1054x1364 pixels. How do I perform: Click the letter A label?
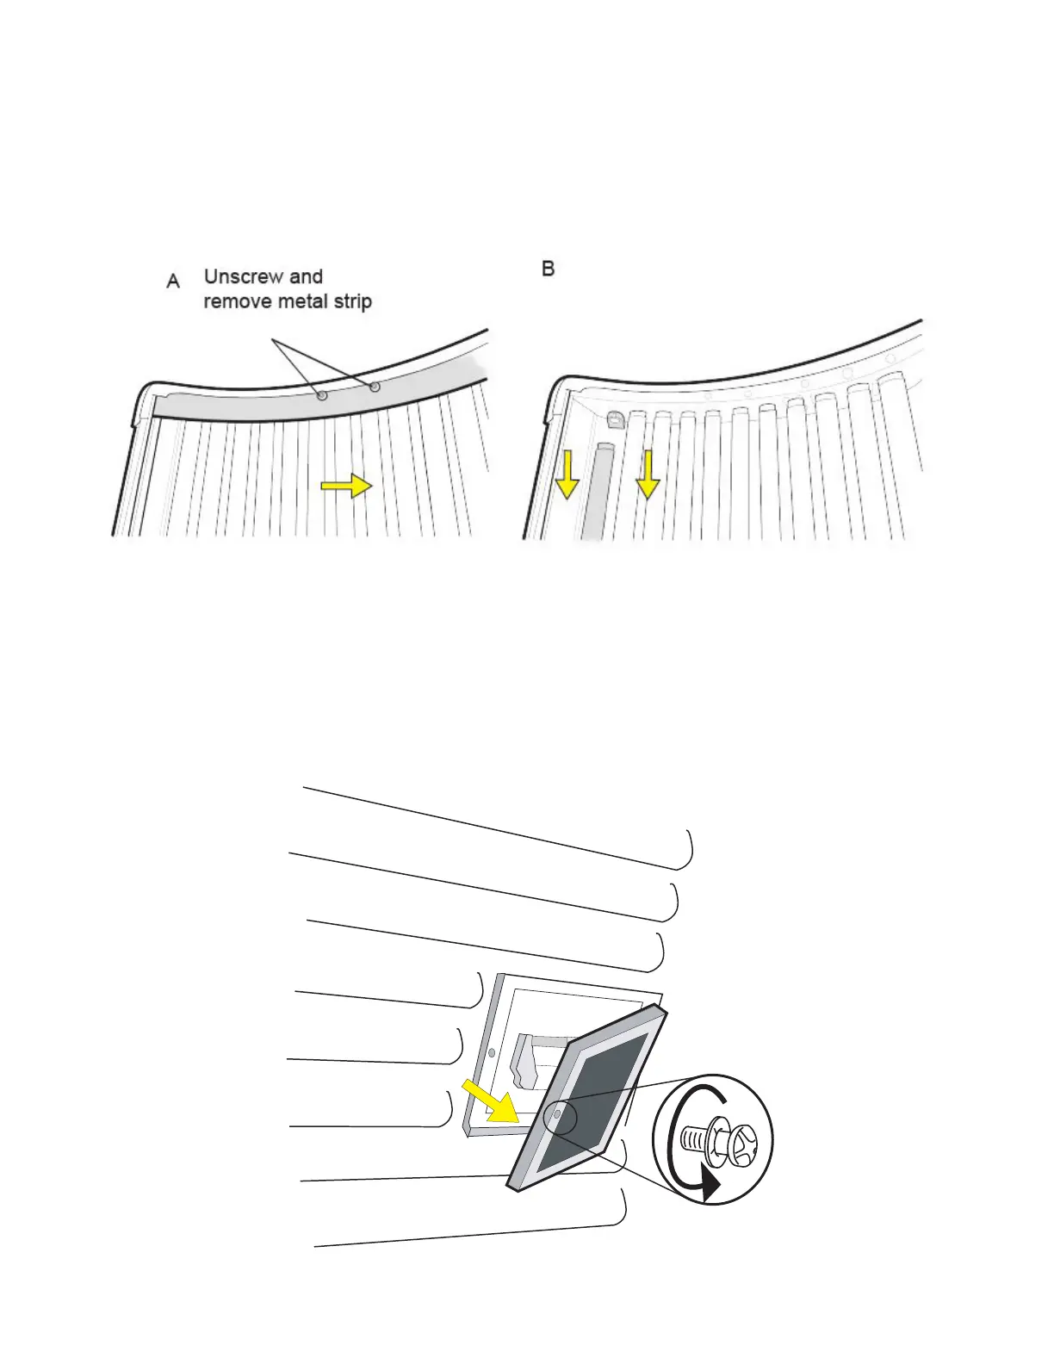(173, 282)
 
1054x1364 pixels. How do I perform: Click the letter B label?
(548, 269)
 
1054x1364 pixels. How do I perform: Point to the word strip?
(353, 302)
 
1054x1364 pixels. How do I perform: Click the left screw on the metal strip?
(322, 396)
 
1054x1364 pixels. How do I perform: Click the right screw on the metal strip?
(375, 387)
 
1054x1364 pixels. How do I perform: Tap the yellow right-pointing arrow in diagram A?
(346, 487)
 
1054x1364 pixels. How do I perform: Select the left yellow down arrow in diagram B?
(567, 477)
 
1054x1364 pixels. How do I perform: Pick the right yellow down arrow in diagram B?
(647, 477)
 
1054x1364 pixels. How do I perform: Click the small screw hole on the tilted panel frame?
(557, 1113)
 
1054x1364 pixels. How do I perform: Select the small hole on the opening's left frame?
(491, 1052)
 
